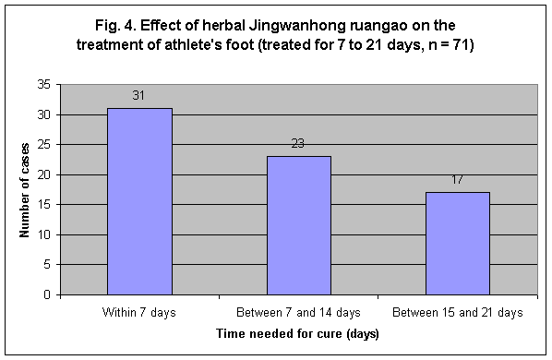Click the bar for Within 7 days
(139, 201)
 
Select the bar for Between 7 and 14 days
(298, 225)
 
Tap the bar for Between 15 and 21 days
(457, 243)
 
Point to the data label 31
(139, 96)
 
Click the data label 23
(298, 144)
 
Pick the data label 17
(457, 180)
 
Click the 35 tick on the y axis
(43, 85)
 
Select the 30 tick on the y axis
(43, 115)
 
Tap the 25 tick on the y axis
(43, 145)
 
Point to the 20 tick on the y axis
(43, 175)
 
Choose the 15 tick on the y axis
(43, 205)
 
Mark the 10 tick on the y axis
(43, 235)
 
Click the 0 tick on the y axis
(46, 295)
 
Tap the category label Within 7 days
(139, 312)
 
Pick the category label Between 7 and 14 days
(298, 312)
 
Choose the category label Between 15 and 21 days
(457, 312)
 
